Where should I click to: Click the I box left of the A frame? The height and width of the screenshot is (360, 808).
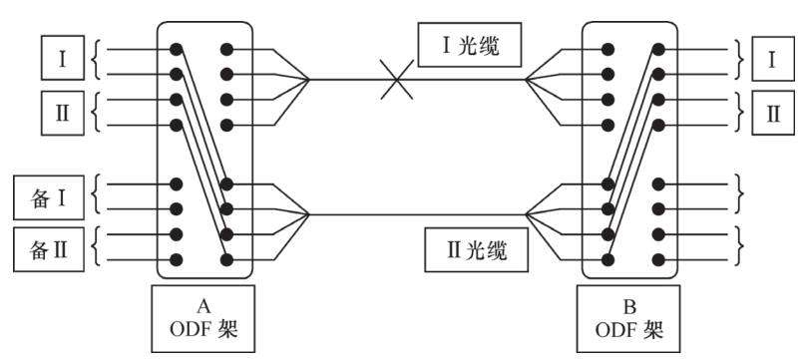click(x=63, y=59)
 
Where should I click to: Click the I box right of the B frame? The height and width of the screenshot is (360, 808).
click(x=772, y=59)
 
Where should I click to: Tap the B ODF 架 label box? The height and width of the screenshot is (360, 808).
click(x=629, y=319)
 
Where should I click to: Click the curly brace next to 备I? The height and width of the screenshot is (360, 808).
click(x=97, y=196)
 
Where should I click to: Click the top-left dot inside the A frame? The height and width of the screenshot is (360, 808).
click(x=178, y=48)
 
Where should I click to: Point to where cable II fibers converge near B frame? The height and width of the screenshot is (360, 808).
click(x=526, y=214)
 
